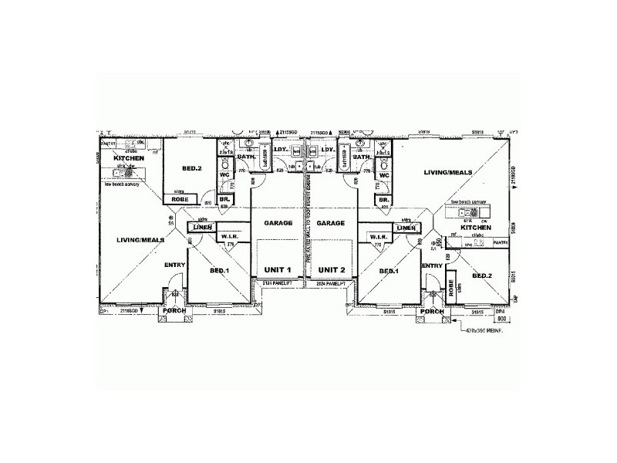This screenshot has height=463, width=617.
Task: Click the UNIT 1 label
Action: tap(278, 270)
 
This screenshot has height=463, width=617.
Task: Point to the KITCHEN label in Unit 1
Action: tap(128, 157)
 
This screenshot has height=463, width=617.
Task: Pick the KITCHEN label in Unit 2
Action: tap(476, 228)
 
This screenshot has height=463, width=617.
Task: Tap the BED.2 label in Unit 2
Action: tap(482, 275)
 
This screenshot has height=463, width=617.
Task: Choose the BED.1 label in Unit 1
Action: tap(220, 271)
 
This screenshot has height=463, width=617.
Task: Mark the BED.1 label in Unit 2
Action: tap(389, 271)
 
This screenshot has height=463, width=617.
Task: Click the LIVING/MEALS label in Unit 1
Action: tap(140, 240)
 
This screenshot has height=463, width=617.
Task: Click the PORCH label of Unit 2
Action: tap(433, 311)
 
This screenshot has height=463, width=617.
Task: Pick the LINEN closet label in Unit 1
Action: tap(202, 228)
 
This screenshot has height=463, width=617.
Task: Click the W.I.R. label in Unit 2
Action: tap(378, 236)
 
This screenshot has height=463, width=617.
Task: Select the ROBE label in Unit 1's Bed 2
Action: tap(179, 199)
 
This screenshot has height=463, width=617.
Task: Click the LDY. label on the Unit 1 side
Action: tap(282, 150)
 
